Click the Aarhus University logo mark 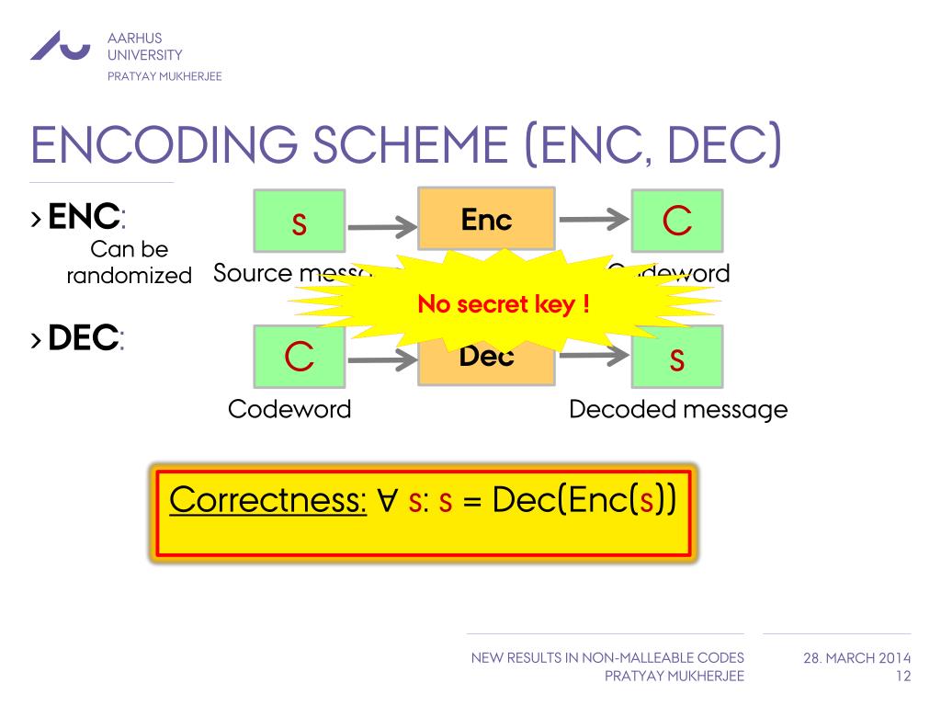pos(60,46)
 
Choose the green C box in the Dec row pos(300,357)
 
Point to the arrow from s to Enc pos(381,224)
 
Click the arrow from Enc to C pos(594,221)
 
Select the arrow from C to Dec pos(381,359)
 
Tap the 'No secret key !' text pos(504,304)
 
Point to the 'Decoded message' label pos(678,409)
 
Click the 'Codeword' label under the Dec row pos(289,409)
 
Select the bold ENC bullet pos(84,218)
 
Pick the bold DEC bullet pos(84,339)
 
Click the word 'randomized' pos(129,275)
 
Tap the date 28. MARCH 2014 pos(856,658)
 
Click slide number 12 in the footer pos(902,677)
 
